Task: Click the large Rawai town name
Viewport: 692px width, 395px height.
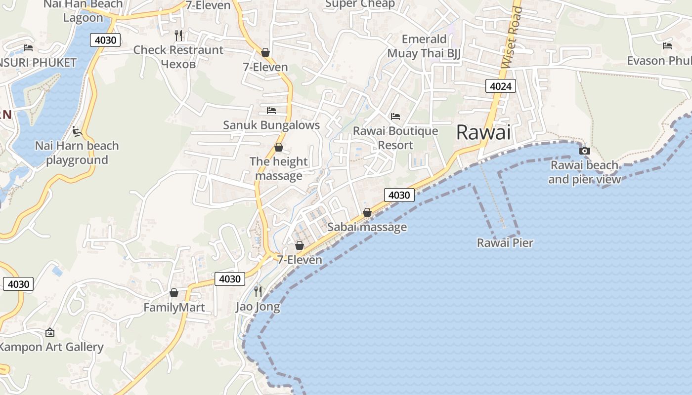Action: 483,132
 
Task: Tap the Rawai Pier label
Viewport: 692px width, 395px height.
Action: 505,243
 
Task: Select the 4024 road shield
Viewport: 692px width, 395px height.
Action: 500,86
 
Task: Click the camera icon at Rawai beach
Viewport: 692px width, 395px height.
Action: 585,151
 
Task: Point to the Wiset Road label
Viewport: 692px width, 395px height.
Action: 511,37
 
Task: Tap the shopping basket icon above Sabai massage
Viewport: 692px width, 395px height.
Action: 367,212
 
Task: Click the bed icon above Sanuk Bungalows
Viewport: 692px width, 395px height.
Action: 271,110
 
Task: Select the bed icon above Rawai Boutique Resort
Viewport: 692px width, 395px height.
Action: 395,117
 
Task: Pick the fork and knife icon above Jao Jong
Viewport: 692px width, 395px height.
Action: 258,291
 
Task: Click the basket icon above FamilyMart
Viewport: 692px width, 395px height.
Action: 174,293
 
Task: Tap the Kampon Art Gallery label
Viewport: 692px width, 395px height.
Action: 51,347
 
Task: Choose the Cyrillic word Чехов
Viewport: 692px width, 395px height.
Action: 178,64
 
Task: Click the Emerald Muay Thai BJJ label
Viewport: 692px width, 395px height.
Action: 424,46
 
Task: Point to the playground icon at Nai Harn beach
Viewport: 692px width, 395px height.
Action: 77,131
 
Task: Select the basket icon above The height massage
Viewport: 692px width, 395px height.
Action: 279,147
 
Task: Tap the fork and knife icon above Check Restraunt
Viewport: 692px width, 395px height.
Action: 178,35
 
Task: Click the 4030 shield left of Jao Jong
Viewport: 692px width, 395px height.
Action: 230,279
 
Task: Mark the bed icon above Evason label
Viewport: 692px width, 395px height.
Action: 667,46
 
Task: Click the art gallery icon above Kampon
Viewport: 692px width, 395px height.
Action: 49,332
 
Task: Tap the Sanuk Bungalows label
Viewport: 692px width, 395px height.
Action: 271,125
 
